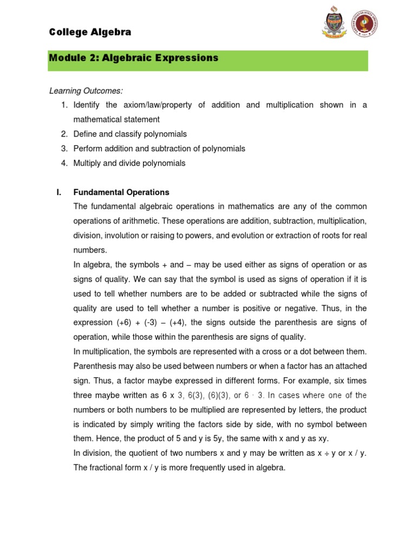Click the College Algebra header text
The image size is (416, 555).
[x=90, y=32]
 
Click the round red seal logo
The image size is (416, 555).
[x=364, y=24]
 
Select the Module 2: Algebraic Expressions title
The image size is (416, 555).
[x=133, y=57]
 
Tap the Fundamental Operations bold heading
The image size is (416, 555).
[x=121, y=192]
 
